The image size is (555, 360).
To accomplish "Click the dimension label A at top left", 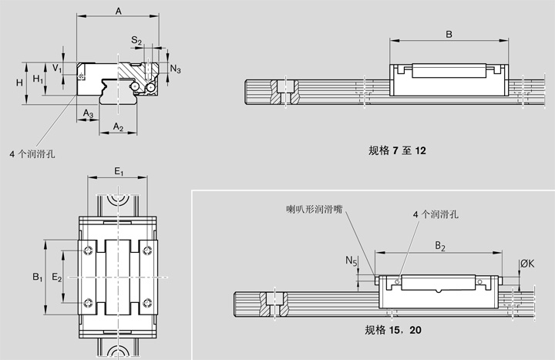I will point(117,10).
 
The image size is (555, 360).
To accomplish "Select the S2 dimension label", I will point(136,39).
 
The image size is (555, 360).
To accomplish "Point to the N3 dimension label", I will point(177,69).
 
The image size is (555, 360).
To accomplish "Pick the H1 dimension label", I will point(39,79).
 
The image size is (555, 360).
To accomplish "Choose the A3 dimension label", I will point(89,113).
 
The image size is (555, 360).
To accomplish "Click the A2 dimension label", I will point(118,126).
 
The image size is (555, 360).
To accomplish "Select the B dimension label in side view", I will point(449,33).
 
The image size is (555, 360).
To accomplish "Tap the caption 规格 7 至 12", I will point(398,151).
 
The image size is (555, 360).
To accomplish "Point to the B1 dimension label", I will point(36,276).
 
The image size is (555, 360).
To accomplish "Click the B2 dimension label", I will point(439,246).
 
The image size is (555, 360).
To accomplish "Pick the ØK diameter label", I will point(527,264).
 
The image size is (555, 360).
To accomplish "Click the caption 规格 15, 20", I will point(392,331).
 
